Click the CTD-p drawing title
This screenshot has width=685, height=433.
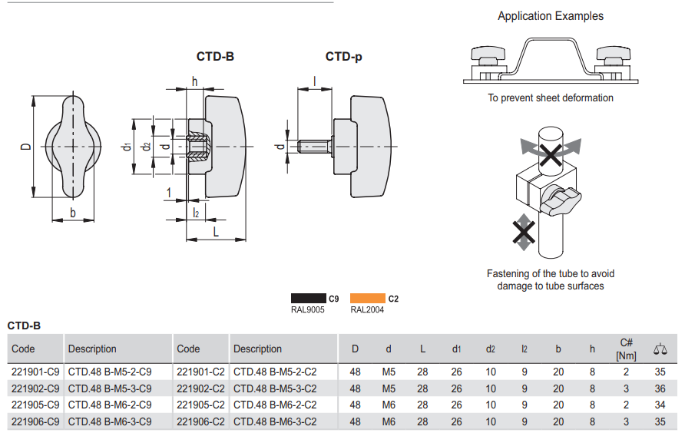coord(343,57)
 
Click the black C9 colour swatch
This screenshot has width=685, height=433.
coord(308,299)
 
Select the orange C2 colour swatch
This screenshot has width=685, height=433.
coord(367,299)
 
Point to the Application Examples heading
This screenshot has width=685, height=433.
coord(550,16)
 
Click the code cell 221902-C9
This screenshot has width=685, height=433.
coord(35,388)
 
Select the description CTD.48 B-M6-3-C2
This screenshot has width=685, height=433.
coord(275,421)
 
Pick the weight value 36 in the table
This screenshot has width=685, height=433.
coord(660,388)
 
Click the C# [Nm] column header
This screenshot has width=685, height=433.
coord(626,349)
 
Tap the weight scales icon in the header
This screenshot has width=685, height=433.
coord(660,349)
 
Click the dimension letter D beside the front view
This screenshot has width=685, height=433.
coord(25,146)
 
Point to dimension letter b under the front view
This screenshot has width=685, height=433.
coord(73,213)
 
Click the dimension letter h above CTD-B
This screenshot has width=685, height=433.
coord(194,81)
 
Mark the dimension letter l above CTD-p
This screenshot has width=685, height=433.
coord(314,81)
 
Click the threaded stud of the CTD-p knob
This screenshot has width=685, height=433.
coord(314,145)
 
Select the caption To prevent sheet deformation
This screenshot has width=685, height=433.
coord(550,98)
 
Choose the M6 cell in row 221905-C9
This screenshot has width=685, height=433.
coord(389,405)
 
